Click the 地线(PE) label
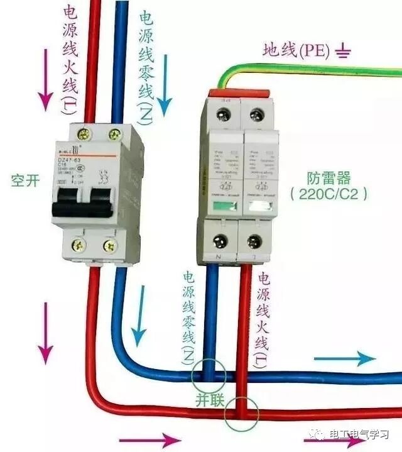click(296, 50)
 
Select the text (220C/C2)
click(329, 194)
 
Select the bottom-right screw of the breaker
click(109, 246)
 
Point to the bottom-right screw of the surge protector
click(254, 241)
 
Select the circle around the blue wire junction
click(209, 376)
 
